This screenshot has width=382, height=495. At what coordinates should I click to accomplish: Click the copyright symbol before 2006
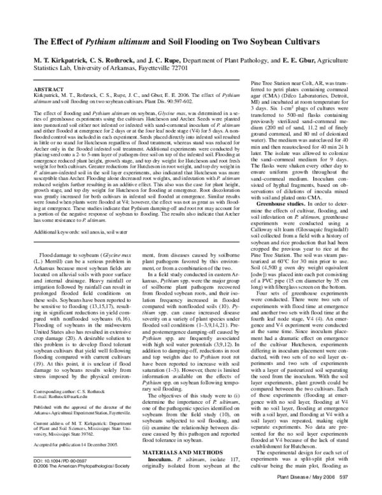pos(34,478)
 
